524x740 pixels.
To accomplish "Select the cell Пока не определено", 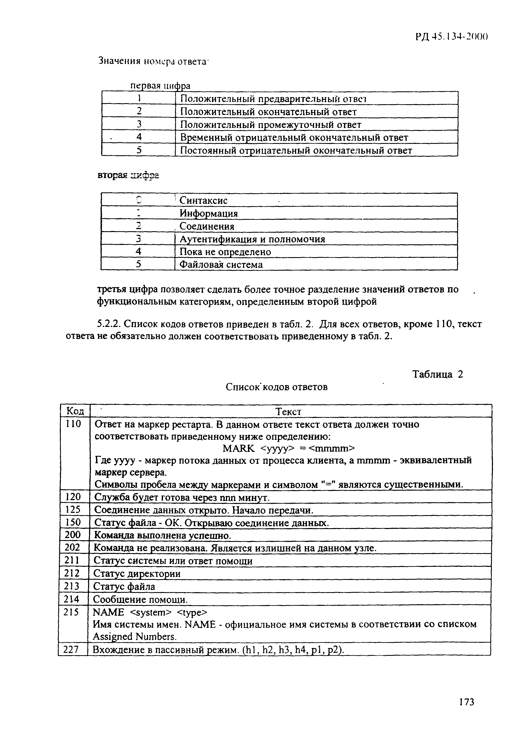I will coord(225,252).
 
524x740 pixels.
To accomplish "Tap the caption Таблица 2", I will coord(438,374).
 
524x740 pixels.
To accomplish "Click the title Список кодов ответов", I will coord(276,386).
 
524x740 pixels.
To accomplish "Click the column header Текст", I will coord(289,412).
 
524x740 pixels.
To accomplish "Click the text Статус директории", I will coord(137,574).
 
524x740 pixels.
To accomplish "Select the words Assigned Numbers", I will coord(135,637).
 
